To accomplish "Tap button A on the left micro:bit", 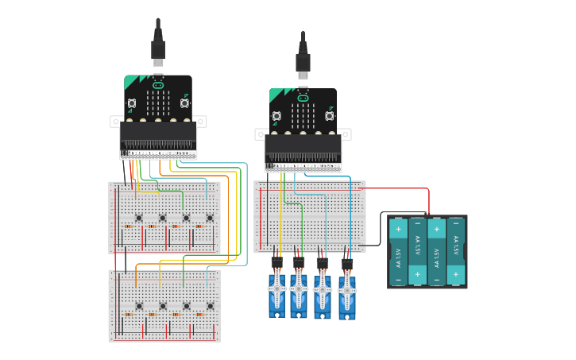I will pos(132,103).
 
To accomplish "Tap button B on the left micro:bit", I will pos(184,103).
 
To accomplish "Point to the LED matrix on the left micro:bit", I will pos(158,103).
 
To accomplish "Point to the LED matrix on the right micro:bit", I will pos(303,115).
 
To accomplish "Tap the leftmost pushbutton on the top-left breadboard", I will pos(138,218).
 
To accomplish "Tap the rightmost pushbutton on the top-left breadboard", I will pos(210,218).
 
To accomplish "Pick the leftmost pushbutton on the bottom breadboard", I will pos(138,306).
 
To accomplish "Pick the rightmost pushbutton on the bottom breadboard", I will pos(210,306).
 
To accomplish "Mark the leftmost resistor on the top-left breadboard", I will pos(128,226).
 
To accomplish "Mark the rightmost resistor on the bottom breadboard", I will pos(199,315).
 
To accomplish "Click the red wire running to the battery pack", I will pos(397,189).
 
